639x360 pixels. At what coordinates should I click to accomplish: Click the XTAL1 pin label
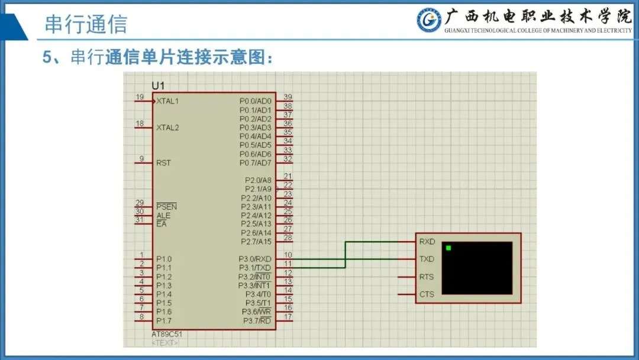(167, 101)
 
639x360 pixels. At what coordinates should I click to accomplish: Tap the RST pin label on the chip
(163, 163)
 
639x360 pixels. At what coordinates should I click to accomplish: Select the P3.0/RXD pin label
(255, 259)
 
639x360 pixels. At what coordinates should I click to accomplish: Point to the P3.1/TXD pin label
(255, 268)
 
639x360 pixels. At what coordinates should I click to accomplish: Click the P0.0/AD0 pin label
(255, 101)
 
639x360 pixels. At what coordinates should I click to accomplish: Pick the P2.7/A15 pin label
(256, 242)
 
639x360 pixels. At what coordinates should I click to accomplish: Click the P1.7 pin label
(164, 320)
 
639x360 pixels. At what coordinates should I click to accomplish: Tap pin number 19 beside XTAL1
(140, 97)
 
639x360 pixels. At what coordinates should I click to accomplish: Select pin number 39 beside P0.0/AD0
(288, 97)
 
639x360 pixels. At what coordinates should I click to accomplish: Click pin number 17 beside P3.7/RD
(288, 316)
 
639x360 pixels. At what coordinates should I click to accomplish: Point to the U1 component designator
(158, 86)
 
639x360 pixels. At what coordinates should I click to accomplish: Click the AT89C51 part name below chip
(167, 335)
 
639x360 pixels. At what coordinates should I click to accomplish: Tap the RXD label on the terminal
(427, 242)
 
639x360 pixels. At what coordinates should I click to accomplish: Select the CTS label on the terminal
(427, 294)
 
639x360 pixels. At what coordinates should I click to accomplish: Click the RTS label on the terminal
(427, 277)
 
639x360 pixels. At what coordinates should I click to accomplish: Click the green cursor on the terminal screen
(448, 247)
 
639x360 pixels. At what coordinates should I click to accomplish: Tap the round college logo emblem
(428, 20)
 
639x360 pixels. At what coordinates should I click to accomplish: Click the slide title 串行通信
(86, 25)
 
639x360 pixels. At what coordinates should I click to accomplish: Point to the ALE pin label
(163, 216)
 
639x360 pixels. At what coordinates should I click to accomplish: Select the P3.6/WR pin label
(256, 311)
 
